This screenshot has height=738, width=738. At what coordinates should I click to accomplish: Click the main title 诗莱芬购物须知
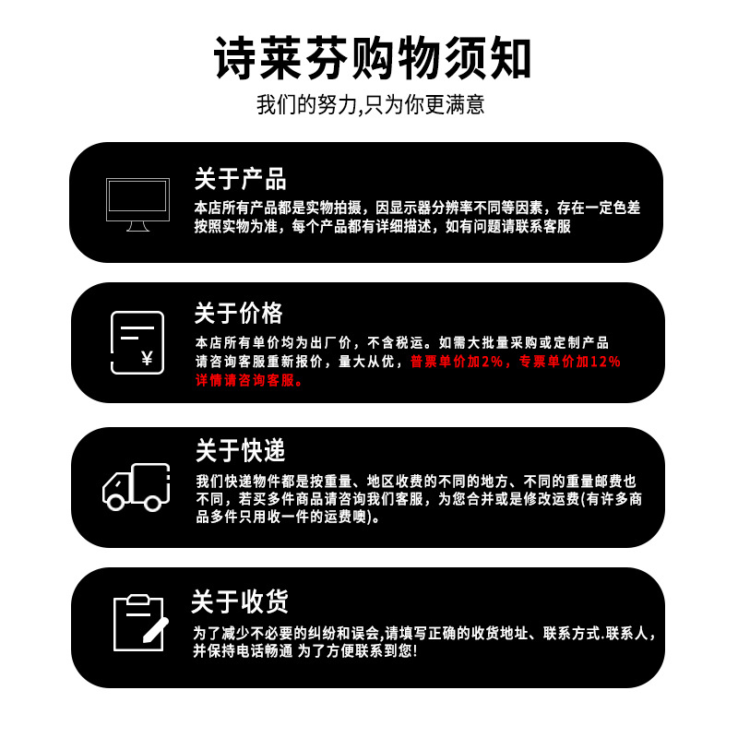369,58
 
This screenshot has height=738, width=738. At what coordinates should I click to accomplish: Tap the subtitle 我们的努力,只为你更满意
369,104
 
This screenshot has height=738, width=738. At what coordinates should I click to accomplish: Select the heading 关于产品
240,178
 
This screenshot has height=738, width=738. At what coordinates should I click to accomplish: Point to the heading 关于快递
240,450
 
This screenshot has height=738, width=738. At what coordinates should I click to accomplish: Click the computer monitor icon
137,205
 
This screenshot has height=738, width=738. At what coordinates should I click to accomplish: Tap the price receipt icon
137,342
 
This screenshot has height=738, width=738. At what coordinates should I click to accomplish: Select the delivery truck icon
137,487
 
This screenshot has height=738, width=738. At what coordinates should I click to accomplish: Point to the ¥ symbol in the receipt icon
147,358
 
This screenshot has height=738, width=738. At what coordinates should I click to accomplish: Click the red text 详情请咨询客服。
249,380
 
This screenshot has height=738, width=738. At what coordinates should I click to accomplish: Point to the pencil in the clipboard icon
154,629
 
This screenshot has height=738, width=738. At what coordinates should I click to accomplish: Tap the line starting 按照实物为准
382,227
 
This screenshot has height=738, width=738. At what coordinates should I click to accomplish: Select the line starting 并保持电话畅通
304,651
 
